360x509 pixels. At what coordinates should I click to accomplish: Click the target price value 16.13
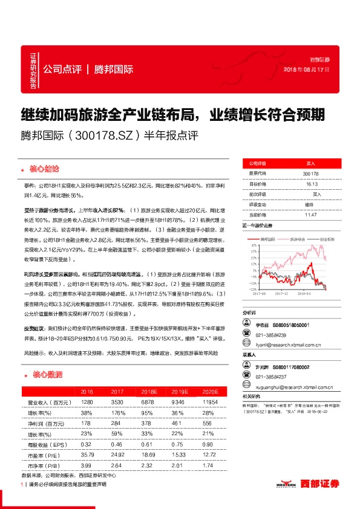coord(310,184)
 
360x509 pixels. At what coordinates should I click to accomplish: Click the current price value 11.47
coord(310,214)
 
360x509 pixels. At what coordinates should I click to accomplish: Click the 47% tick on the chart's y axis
coord(249,244)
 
